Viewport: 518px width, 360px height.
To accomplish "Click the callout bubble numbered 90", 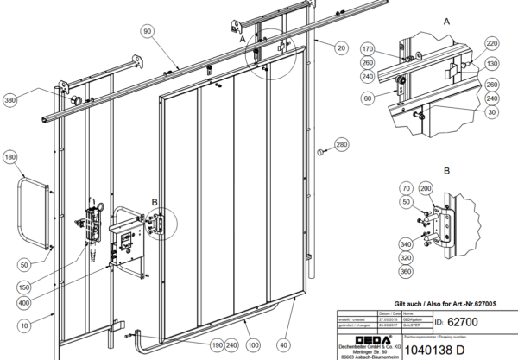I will tap(147, 31).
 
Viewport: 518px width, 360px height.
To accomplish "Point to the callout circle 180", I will tap(10, 157).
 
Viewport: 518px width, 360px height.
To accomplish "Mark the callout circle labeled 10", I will tap(25, 325).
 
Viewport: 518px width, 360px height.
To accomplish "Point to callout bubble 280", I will tap(341, 144).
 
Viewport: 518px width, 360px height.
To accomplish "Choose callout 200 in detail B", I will tap(425, 187).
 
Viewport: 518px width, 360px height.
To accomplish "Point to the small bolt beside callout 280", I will tap(320, 152).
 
